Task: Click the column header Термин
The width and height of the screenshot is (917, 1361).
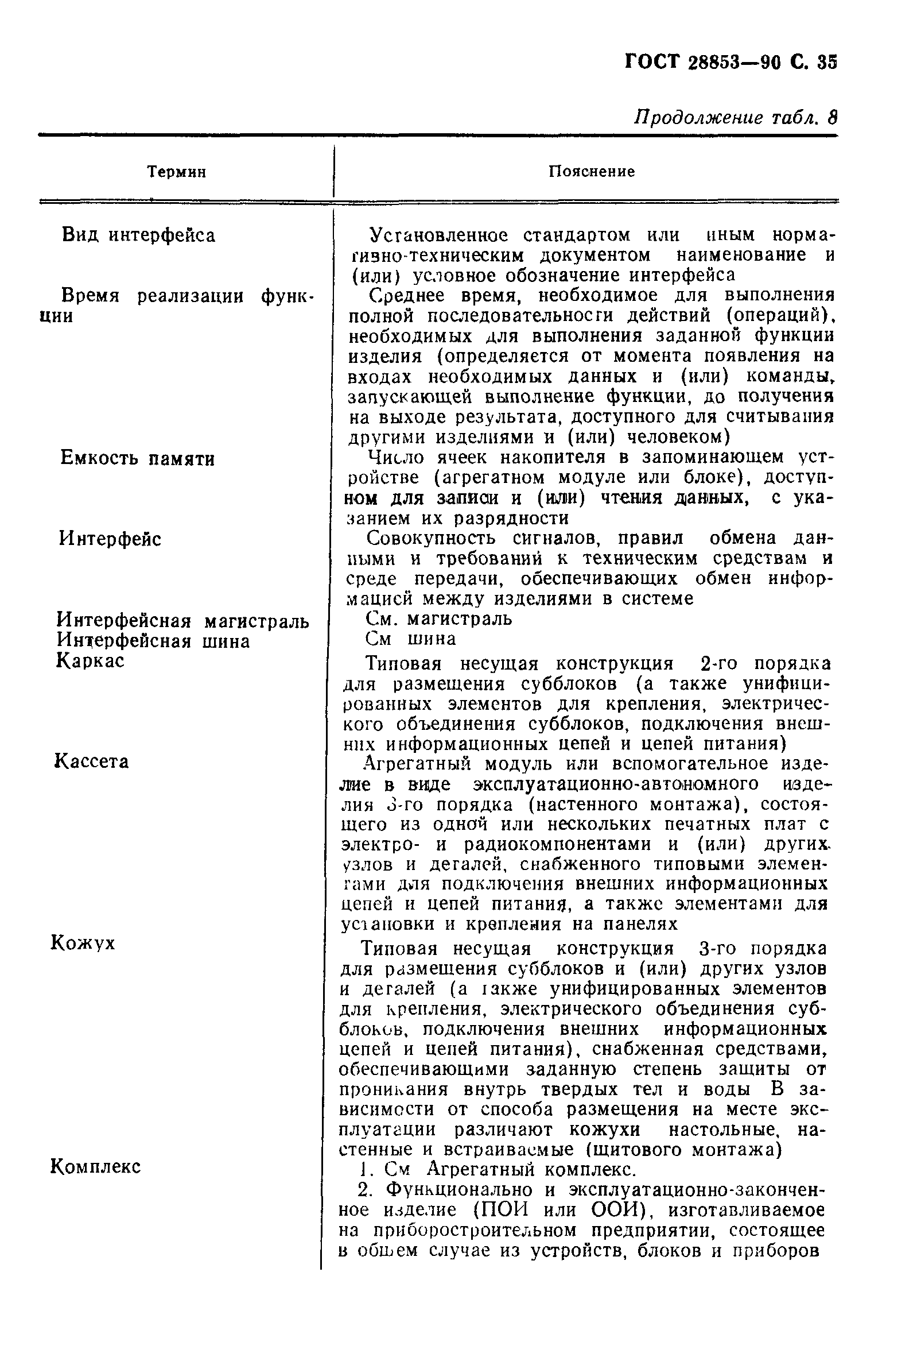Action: (176, 172)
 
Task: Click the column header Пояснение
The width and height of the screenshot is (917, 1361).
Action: (591, 172)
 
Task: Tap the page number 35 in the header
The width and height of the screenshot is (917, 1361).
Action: (827, 62)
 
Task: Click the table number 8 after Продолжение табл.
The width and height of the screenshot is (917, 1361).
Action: (832, 118)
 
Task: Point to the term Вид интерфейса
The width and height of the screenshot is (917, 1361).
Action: (139, 235)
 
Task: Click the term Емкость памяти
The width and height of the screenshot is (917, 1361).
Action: (137, 458)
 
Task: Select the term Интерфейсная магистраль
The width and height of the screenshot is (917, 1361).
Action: (182, 620)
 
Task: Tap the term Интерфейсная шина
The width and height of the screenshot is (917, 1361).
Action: (153, 641)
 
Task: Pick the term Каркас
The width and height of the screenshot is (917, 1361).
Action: (91, 661)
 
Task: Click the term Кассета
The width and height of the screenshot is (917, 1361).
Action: (92, 761)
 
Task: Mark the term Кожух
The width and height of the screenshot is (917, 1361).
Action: (84, 942)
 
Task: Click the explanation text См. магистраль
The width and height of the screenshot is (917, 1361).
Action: (438, 618)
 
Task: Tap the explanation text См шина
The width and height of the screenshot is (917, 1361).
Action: (410, 639)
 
